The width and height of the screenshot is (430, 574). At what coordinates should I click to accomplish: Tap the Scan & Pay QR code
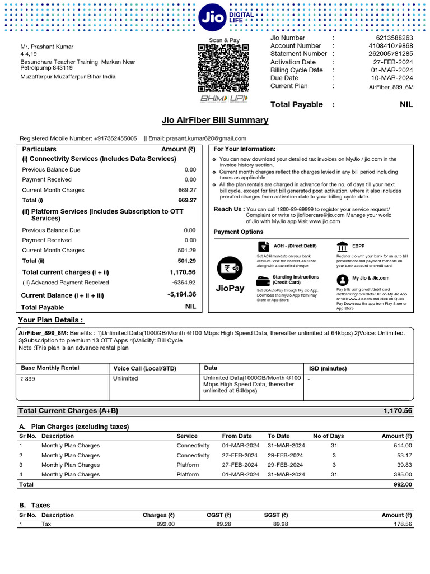click(x=223, y=68)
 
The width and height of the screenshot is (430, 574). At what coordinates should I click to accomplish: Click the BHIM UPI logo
click(x=223, y=99)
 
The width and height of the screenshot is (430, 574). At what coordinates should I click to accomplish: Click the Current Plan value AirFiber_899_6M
click(x=391, y=87)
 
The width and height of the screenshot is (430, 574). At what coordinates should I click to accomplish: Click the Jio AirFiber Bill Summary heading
click(x=214, y=121)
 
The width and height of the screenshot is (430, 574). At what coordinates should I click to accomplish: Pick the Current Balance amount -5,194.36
click(x=181, y=294)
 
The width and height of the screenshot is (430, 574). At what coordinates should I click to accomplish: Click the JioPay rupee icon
click(x=230, y=268)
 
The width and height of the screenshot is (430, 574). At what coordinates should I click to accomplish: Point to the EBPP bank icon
click(x=342, y=247)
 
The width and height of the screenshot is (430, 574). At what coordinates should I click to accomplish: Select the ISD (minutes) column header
click(x=328, y=368)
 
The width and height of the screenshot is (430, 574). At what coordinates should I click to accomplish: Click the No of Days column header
click(x=328, y=436)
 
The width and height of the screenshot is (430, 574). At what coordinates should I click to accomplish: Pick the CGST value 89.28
click(x=223, y=524)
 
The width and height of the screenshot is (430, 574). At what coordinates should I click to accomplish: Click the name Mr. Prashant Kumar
click(x=47, y=47)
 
